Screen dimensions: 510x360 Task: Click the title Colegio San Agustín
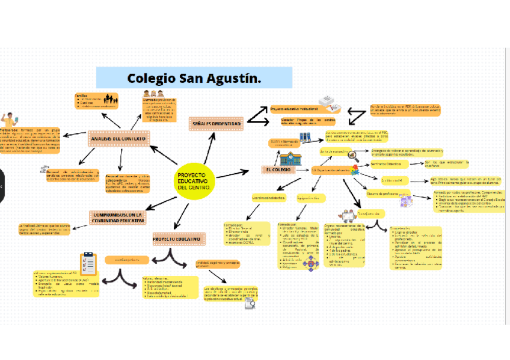[194, 78]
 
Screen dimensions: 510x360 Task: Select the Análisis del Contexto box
[119, 139]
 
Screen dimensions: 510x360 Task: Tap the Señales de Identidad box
[216, 123]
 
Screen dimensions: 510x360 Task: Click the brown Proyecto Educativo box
[179, 239]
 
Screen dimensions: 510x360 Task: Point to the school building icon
[290, 158]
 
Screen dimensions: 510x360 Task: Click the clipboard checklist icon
[89, 263]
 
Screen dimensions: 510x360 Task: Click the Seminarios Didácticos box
[387, 163]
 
